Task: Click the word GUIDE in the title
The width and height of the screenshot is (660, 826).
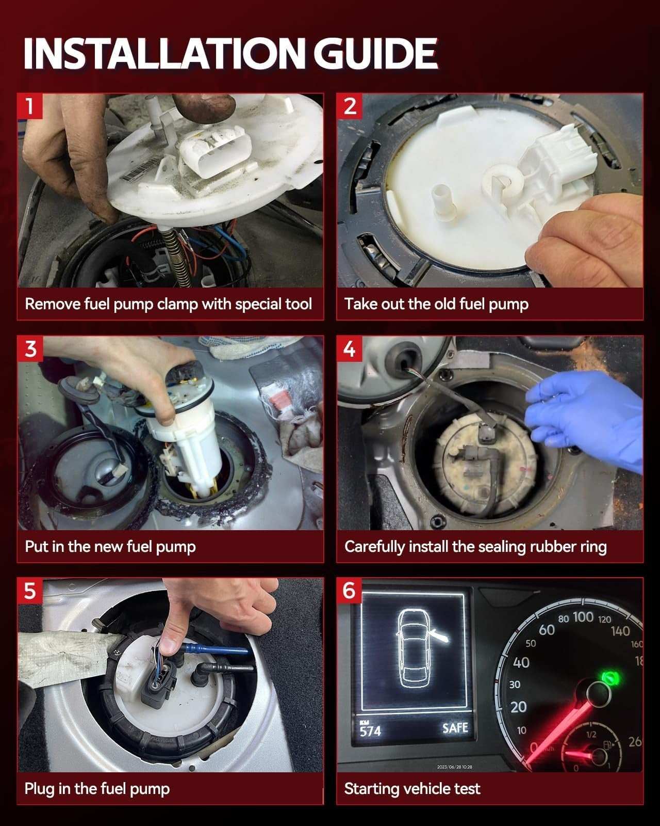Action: coord(375,54)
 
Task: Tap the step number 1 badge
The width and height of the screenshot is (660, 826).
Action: coord(30,106)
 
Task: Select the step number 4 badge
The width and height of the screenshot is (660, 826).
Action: coord(350,349)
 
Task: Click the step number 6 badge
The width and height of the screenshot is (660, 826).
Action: coord(350,591)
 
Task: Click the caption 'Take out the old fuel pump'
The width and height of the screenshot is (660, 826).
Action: coord(436,304)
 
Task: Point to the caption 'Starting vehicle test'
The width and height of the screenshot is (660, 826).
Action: coord(412,788)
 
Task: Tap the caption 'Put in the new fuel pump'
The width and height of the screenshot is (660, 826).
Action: coord(110,546)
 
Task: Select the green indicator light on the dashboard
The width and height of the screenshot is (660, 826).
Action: coord(610,677)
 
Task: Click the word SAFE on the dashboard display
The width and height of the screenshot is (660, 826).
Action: coord(455,728)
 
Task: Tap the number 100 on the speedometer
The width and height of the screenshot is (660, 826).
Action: coord(583,617)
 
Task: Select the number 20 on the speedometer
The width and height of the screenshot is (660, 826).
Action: coord(518,707)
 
